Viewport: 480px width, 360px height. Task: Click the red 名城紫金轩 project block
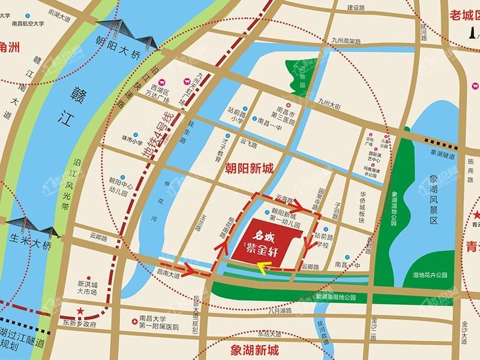(x=264, y=243)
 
